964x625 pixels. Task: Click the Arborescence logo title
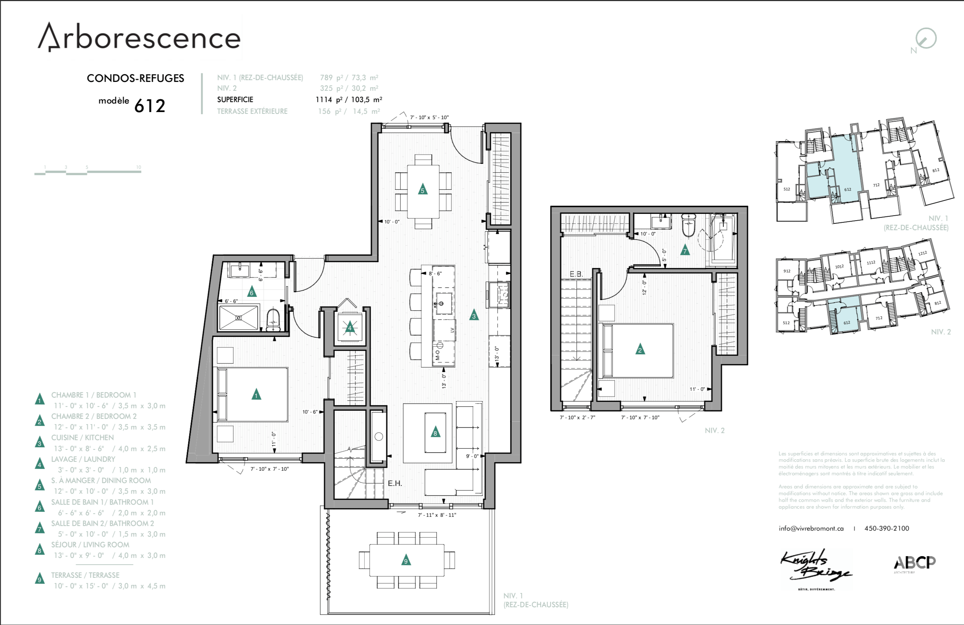139,37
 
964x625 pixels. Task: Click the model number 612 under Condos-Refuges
149,106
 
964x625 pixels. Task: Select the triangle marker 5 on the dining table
422,189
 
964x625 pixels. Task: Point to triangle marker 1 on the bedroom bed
256,394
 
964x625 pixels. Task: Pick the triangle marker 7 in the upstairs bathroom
685,250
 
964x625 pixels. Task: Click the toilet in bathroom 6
273,320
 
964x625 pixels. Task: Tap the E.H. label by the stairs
394,483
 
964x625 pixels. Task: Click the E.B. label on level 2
576,274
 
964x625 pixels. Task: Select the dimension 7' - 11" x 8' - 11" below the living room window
437,515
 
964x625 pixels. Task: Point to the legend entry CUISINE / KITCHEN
82,437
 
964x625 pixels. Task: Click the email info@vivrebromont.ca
811,528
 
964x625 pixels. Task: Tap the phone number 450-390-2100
887,528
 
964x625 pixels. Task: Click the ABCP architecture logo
915,563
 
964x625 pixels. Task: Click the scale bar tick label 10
139,167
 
